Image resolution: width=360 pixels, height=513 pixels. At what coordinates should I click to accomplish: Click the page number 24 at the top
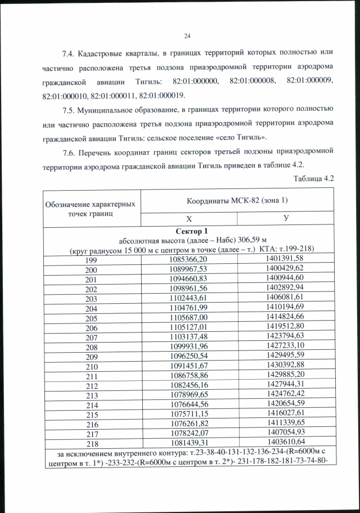[187, 37]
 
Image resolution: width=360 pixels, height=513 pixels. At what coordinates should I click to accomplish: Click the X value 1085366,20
[188, 259]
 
